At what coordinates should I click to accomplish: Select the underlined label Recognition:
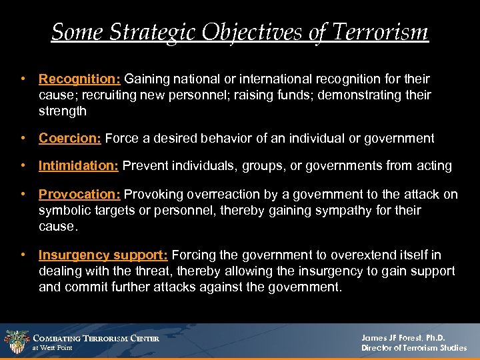pos(79,79)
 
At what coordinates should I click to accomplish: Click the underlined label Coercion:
pos(69,139)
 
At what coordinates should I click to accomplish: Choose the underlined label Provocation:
pos(79,195)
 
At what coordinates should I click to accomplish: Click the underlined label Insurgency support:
pos(103,255)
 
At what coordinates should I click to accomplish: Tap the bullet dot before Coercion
pos(23,139)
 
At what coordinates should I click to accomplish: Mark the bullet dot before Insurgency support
pos(23,255)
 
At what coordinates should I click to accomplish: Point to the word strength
pos(63,111)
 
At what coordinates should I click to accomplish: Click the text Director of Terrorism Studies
pos(414,348)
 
